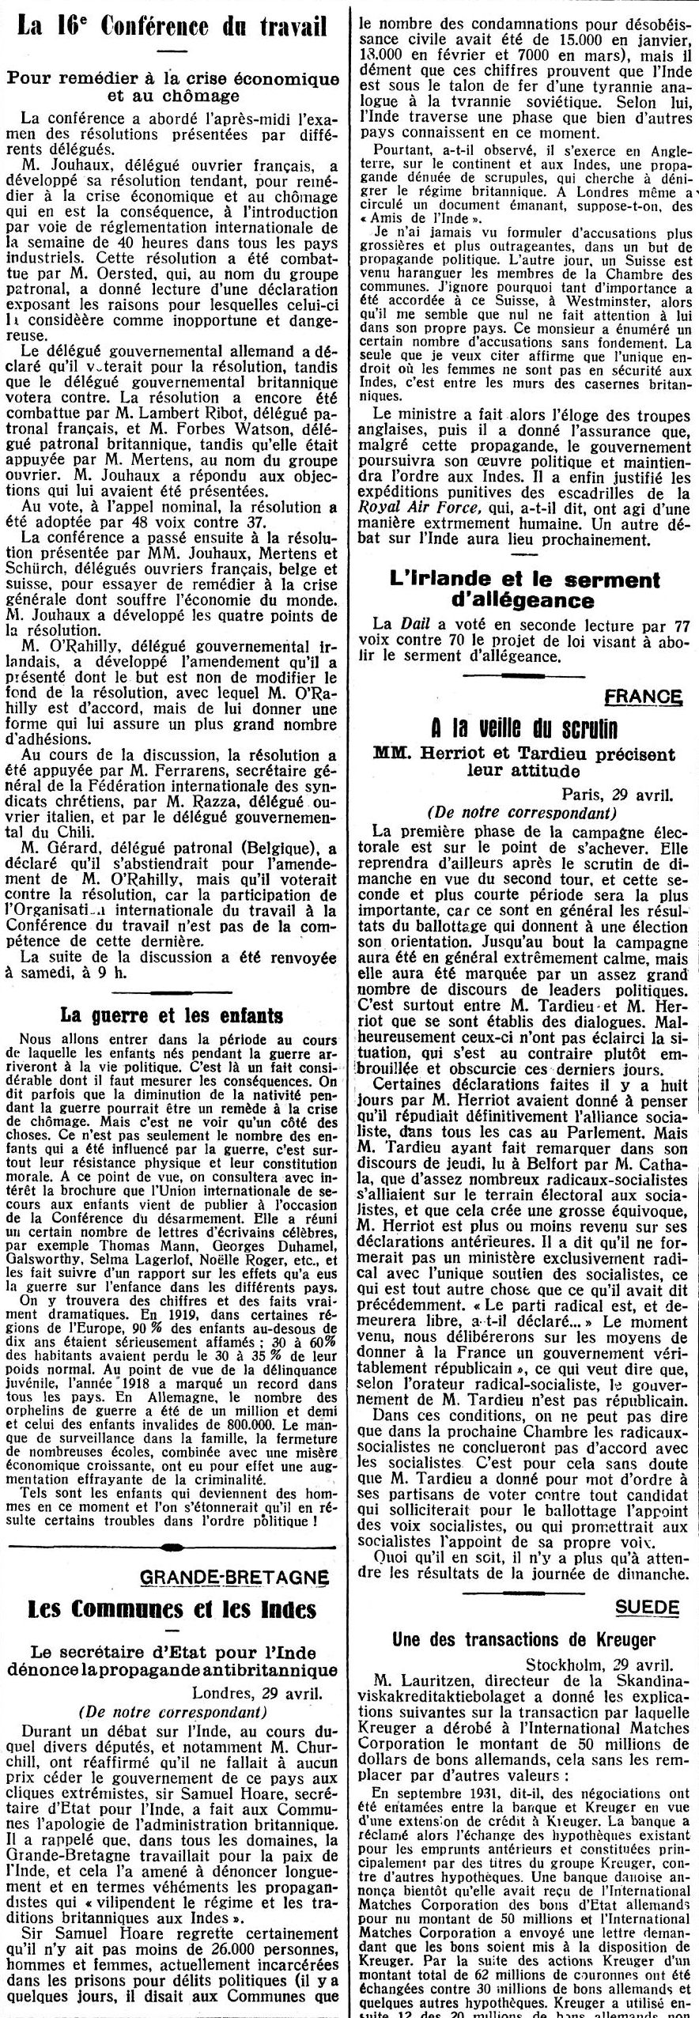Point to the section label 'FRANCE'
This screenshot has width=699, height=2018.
pyautogui.click(x=643, y=697)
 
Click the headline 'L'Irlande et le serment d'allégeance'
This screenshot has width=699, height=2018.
pyautogui.click(x=525, y=590)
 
